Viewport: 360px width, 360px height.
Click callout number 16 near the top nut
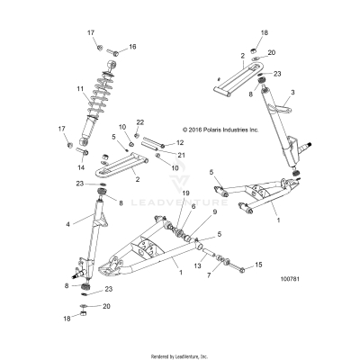132,47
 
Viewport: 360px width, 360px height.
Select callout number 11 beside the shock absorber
80,88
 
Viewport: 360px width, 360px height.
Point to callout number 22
139,121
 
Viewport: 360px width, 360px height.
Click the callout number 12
180,142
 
